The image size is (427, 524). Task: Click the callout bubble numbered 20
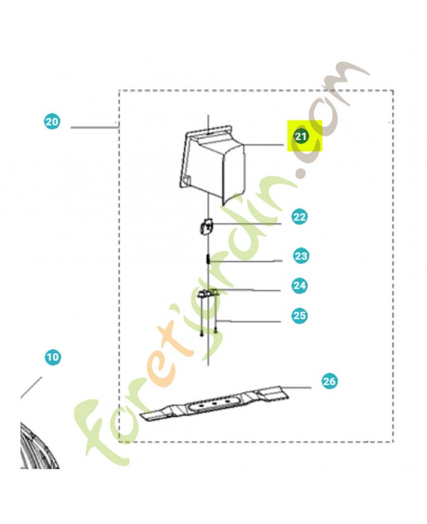(x=52, y=122)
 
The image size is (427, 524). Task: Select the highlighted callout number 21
(x=301, y=136)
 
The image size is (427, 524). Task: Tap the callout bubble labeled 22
(x=299, y=217)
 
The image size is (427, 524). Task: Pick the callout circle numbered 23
(x=301, y=256)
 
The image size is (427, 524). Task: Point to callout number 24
(x=299, y=286)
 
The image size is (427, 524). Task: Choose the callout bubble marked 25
(x=299, y=316)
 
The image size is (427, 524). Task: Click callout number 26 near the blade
(x=329, y=381)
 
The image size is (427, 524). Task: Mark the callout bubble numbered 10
(x=53, y=357)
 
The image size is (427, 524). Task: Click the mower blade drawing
(x=214, y=403)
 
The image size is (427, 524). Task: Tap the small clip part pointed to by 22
(x=206, y=227)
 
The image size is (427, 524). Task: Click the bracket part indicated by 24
(x=208, y=293)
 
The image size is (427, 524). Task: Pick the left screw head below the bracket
(x=202, y=334)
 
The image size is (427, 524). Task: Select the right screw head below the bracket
(x=216, y=331)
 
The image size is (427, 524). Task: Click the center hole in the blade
(x=215, y=403)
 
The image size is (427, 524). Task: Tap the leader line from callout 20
(x=93, y=127)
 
